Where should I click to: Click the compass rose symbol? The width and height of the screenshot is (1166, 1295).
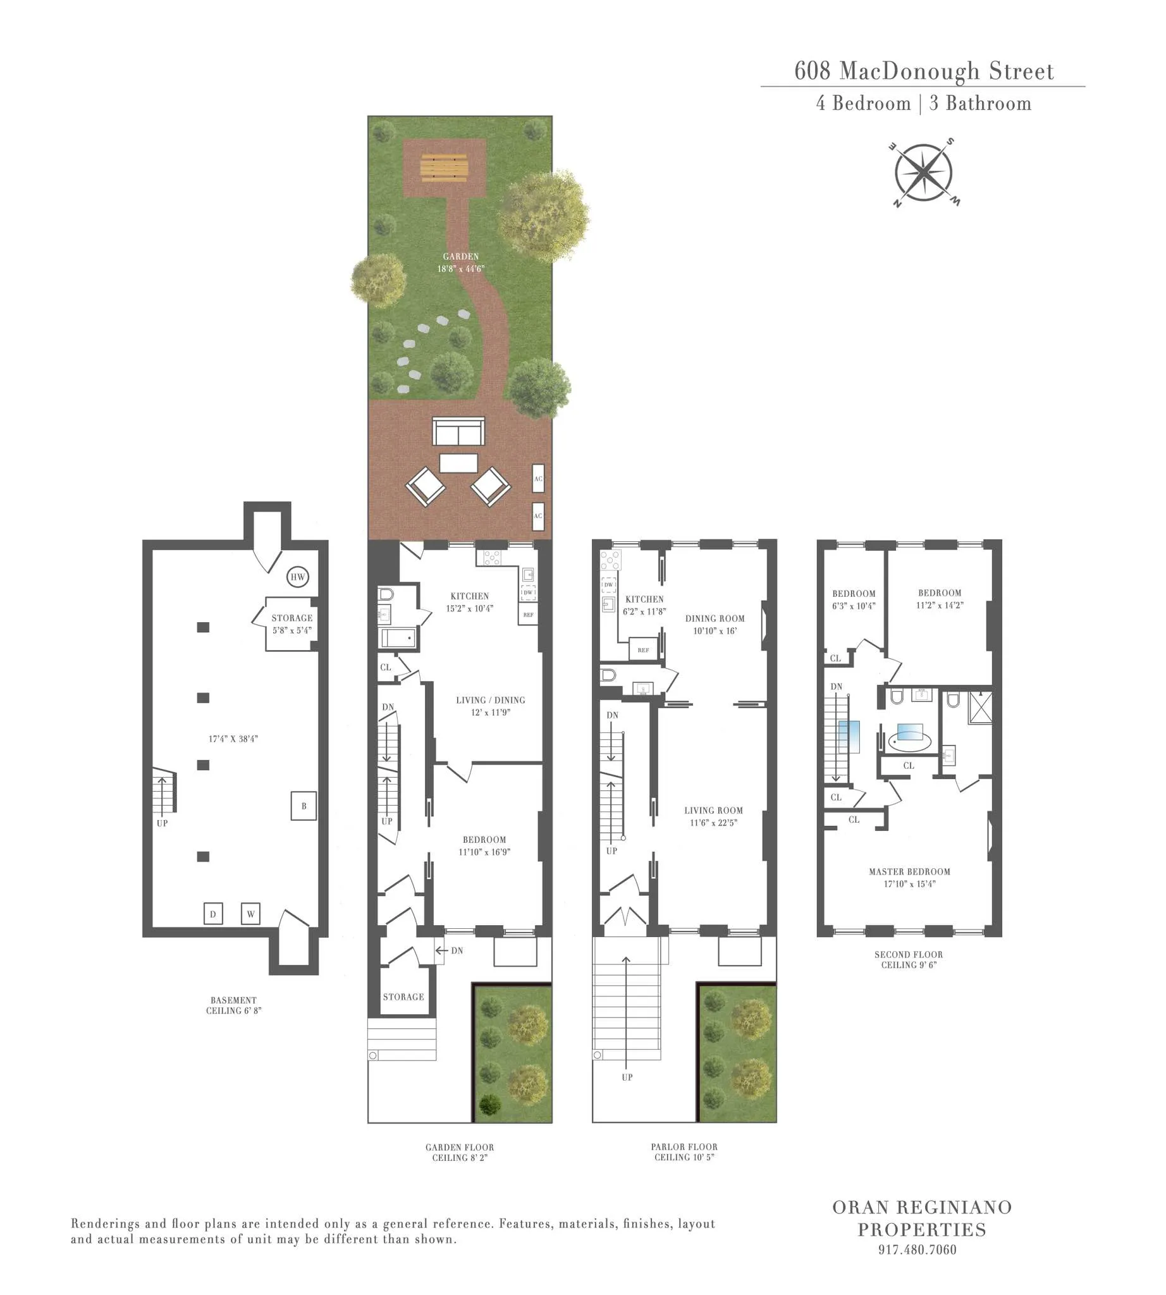coord(923,173)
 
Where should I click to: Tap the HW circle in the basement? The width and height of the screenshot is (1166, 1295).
coord(297,577)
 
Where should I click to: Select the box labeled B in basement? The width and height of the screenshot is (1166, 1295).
coord(304,806)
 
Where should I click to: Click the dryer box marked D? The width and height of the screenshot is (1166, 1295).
coord(212,914)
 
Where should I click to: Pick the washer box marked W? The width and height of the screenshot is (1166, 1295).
coord(250,914)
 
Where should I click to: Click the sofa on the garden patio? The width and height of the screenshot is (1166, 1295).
coord(458,431)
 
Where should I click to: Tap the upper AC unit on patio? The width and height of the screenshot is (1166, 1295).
coord(538,479)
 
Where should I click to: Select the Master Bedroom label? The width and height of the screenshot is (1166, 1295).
coord(909,877)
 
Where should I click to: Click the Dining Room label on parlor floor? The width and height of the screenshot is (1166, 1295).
coord(715,624)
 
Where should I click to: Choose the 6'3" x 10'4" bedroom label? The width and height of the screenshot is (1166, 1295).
coord(854,599)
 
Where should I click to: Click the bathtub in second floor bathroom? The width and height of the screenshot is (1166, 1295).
coord(910,742)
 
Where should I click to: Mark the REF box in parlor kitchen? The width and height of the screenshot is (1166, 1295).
coord(643,650)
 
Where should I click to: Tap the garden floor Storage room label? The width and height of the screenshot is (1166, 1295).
coord(403,997)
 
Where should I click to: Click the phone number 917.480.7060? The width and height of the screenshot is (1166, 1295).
coord(917,1249)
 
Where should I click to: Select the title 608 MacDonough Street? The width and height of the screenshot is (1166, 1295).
coord(923,71)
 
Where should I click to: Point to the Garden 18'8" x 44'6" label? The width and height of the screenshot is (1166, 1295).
coord(460,262)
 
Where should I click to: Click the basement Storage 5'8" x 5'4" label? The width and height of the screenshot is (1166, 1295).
coord(291,623)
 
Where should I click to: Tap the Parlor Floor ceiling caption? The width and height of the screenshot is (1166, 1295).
coord(684,1151)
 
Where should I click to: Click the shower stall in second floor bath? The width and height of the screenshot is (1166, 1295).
coord(979,708)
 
